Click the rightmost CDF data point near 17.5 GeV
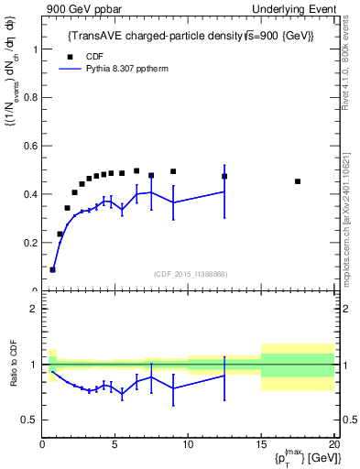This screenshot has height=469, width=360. pos(298,181)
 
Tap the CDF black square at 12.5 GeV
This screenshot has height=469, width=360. pos(224,176)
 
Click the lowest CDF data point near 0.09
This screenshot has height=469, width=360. pos(52,269)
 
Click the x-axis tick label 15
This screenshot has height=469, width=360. pos(260,445)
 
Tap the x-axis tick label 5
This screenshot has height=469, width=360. pos(115,445)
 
